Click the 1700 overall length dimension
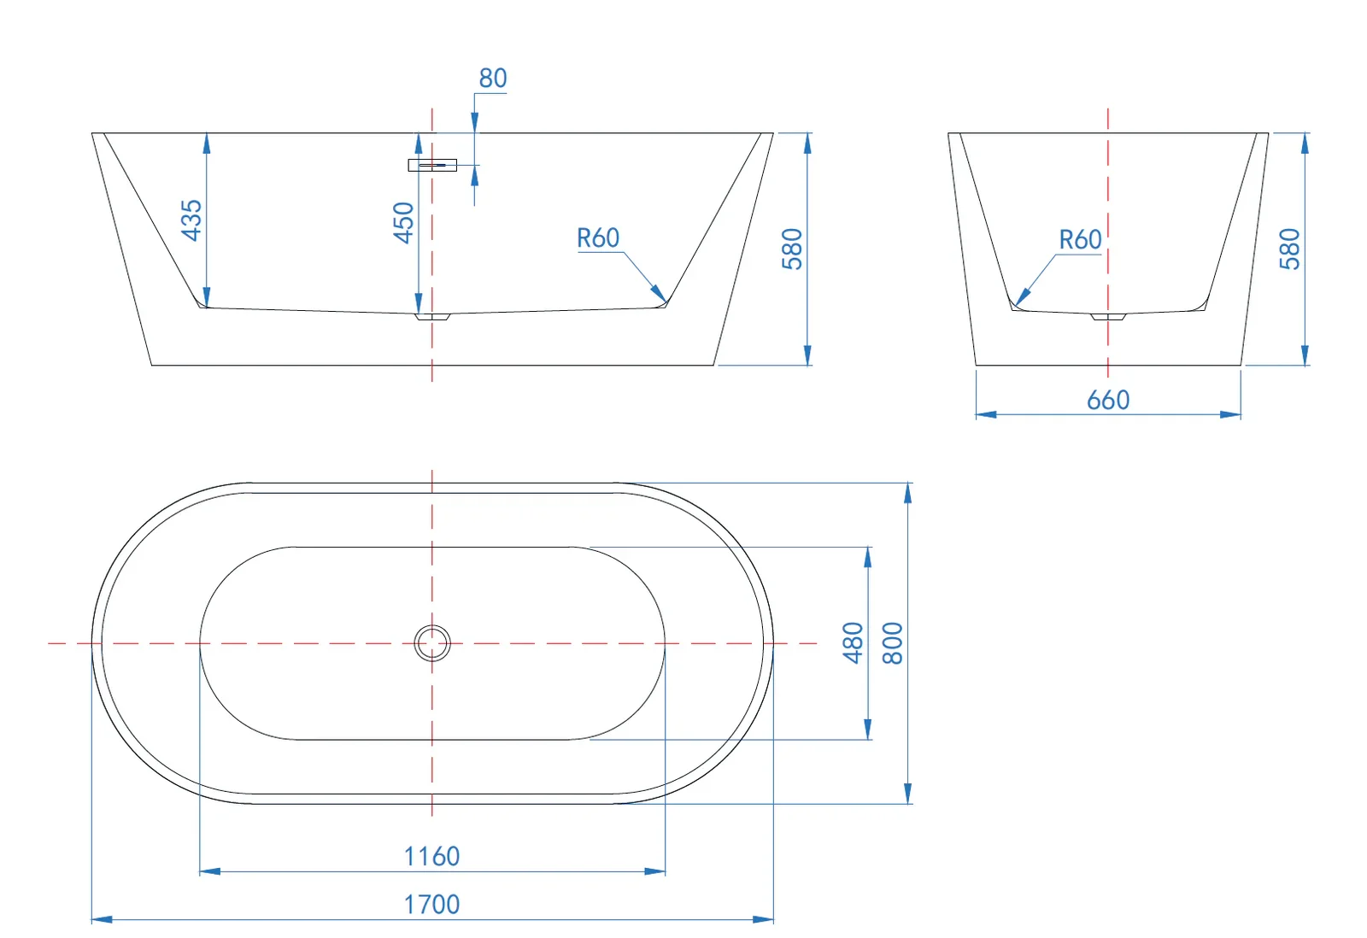(431, 904)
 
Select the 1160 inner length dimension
(431, 856)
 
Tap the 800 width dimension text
(891, 643)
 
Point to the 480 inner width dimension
(853, 643)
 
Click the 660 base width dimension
(1108, 400)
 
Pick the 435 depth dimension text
(191, 220)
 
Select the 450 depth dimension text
(403, 222)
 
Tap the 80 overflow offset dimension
(493, 79)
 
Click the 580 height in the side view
(792, 249)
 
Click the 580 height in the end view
(1289, 249)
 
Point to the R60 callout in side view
(598, 238)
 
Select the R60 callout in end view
(1080, 240)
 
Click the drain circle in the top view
(432, 643)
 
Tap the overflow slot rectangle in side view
(432, 165)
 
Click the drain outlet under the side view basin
(432, 317)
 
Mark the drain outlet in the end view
(1108, 317)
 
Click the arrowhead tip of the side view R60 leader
(666, 302)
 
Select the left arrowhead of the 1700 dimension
(95, 919)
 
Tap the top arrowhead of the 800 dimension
(907, 487)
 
